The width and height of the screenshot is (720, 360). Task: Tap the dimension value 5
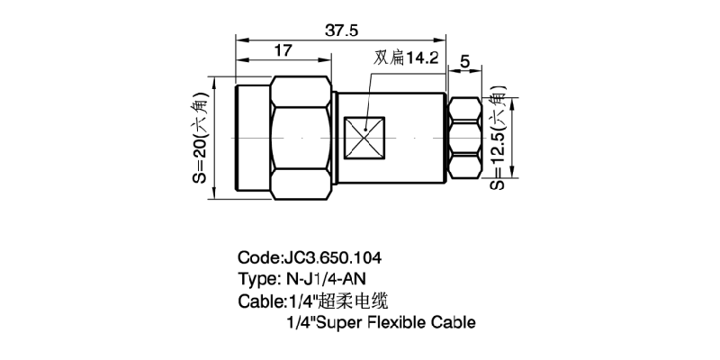(x=465, y=61)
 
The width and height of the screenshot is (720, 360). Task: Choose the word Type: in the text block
(x=258, y=278)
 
